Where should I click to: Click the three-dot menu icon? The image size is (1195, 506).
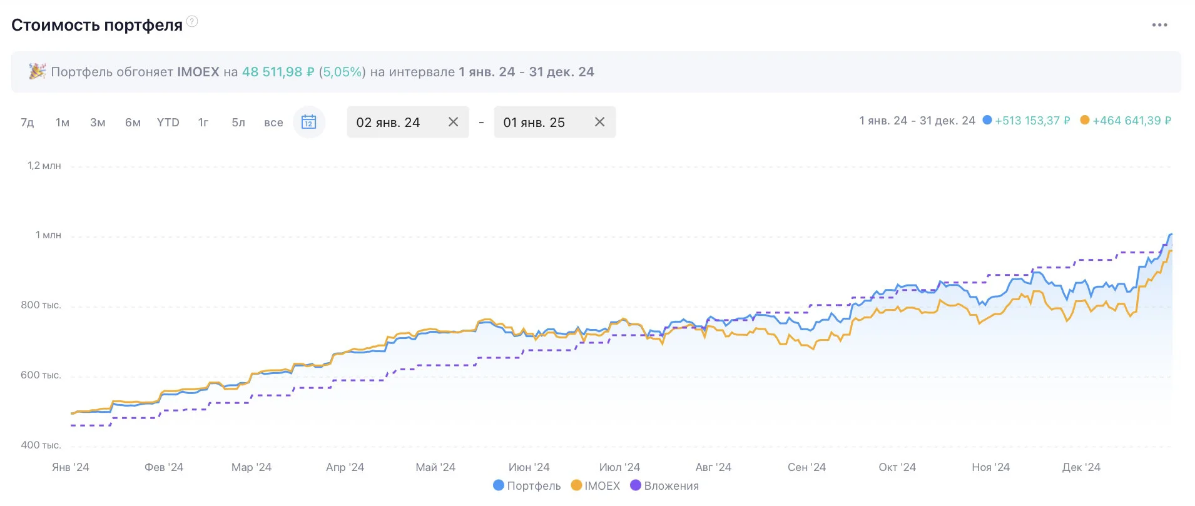coord(1159,25)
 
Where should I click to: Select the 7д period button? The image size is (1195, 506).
coord(28,123)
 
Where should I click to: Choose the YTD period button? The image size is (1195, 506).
coord(168,123)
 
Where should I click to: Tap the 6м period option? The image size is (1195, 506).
coord(133,123)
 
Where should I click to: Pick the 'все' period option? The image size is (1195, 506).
coord(273,123)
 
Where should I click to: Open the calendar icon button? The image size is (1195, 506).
coord(309,122)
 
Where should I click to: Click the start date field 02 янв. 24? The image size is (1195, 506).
coord(388,123)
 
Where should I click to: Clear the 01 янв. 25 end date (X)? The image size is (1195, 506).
coord(599,122)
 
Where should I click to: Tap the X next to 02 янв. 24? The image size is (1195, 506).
coord(454,122)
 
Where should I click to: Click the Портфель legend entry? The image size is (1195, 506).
coord(527,486)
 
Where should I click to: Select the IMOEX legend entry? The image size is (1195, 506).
coord(596,486)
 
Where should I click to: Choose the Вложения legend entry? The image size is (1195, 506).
coord(664,486)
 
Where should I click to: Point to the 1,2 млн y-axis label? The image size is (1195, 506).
coord(44,166)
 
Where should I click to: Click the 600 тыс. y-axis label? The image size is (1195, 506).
coord(41,375)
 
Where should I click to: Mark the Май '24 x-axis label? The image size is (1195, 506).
coord(435,467)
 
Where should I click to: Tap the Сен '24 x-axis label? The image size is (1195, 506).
coord(806,467)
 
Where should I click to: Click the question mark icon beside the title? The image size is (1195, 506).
coord(192,21)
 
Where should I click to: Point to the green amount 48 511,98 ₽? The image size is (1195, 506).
coord(278,72)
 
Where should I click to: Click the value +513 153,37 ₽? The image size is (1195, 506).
coord(1032,121)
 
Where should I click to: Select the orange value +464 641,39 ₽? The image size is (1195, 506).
coord(1132,121)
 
